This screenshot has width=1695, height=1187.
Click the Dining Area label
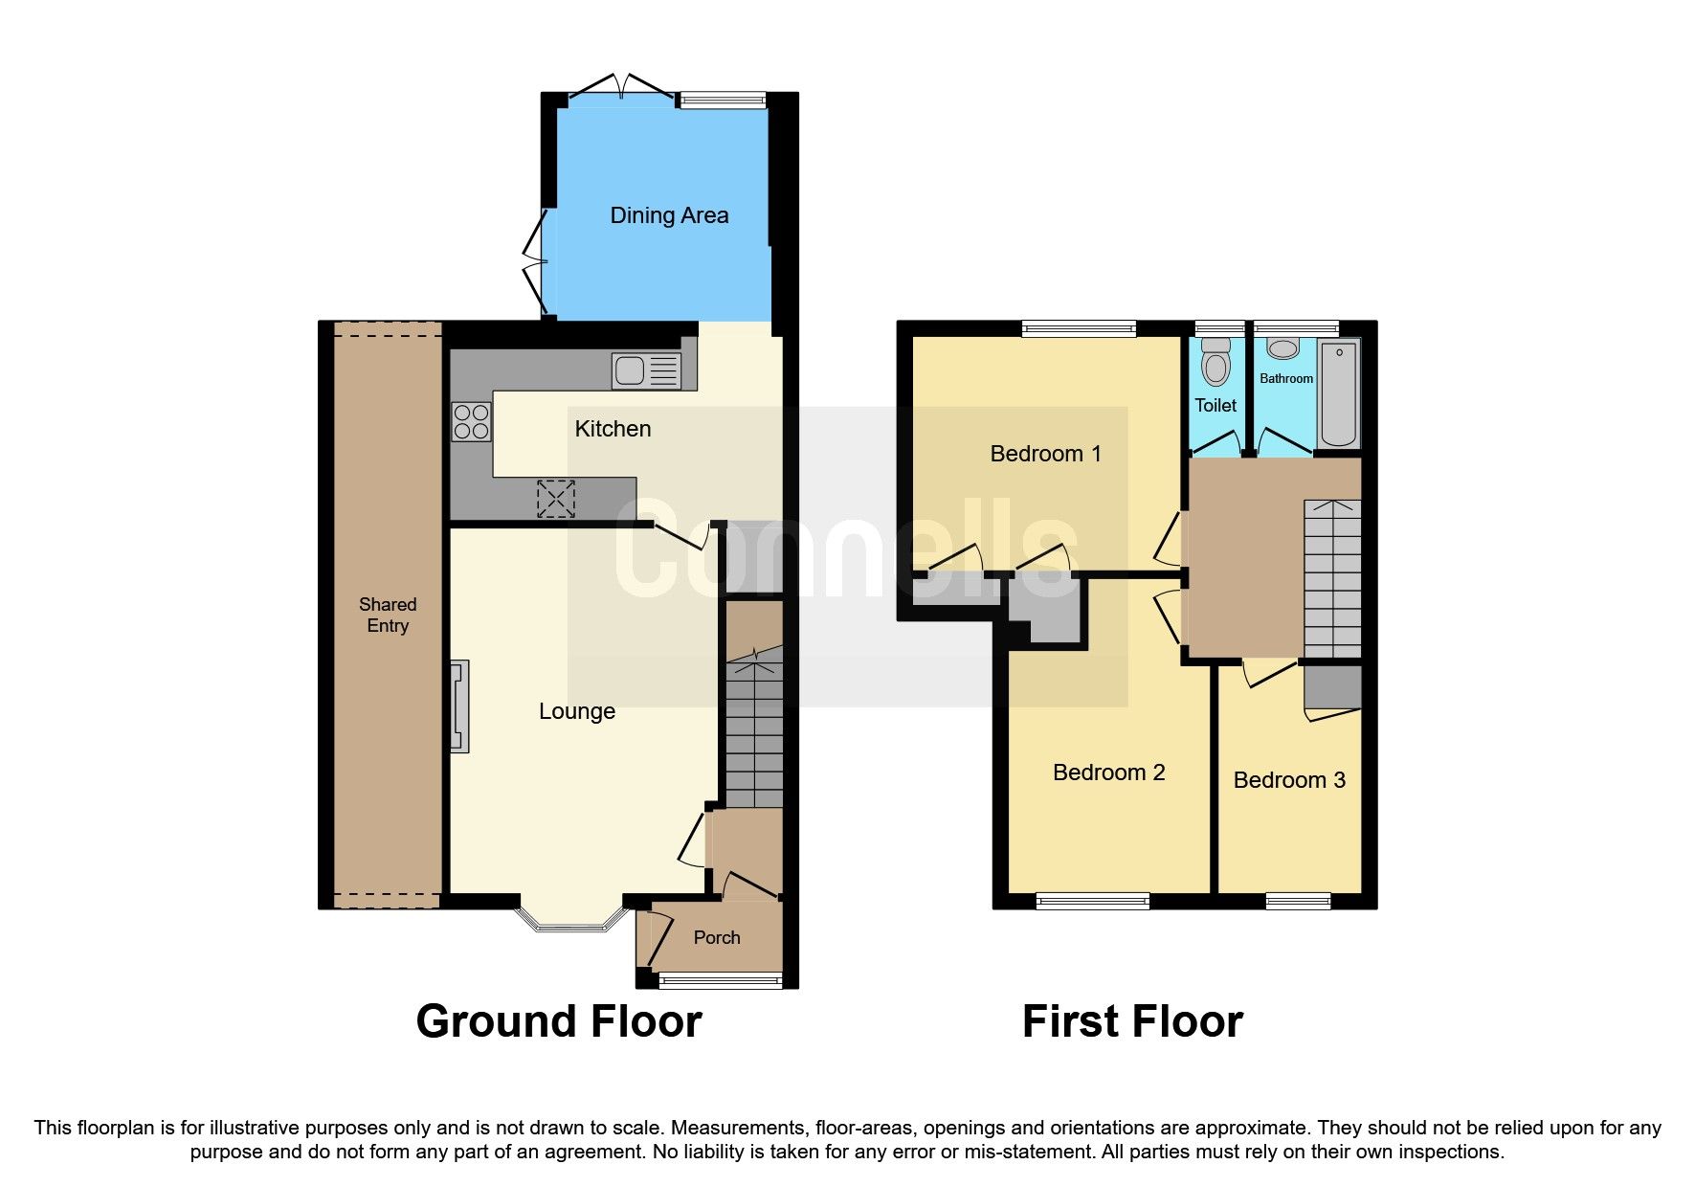[669, 215]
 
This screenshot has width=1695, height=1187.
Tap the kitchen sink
[646, 370]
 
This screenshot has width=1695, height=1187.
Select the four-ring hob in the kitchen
[471, 422]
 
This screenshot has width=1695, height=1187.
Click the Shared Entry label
[388, 615]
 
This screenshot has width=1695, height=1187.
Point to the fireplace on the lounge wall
[460, 705]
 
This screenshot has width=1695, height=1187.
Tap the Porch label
[717, 937]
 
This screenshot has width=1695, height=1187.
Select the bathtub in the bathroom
[1339, 393]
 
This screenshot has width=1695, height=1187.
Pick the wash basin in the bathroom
[1282, 348]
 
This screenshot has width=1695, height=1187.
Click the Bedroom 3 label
[1289, 780]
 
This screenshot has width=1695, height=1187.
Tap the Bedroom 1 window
[1079, 329]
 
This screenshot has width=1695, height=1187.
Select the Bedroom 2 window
[1092, 900]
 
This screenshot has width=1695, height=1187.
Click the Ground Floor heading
[559, 1021]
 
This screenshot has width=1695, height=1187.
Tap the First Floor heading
[1132, 1021]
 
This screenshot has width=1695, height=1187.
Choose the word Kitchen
[613, 429]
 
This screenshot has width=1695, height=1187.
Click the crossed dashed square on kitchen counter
[556, 498]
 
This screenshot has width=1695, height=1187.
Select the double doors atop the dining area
[621, 88]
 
